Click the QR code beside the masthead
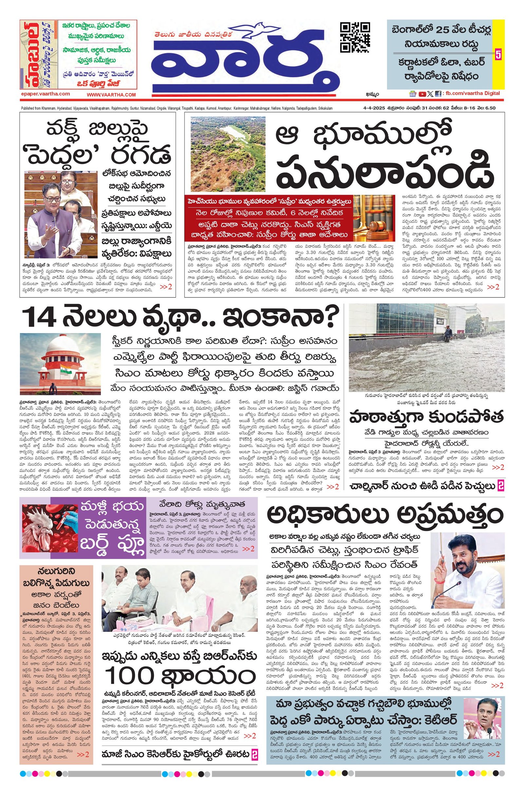coord(355,37)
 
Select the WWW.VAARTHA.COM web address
coord(111,95)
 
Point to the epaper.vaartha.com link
coord(45,94)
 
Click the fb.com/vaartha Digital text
coord(472,94)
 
